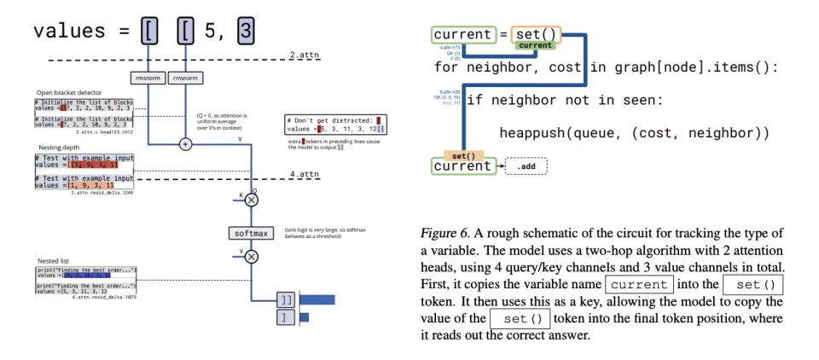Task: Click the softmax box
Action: (x=252, y=233)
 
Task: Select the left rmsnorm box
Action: (x=148, y=78)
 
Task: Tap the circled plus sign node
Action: (x=185, y=143)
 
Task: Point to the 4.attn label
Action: (x=304, y=175)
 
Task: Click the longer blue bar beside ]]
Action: (x=317, y=299)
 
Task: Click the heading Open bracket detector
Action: (x=68, y=92)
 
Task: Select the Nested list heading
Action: (x=52, y=260)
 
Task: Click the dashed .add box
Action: (x=526, y=165)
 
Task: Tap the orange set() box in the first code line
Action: (x=537, y=35)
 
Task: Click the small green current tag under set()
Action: (x=536, y=45)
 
